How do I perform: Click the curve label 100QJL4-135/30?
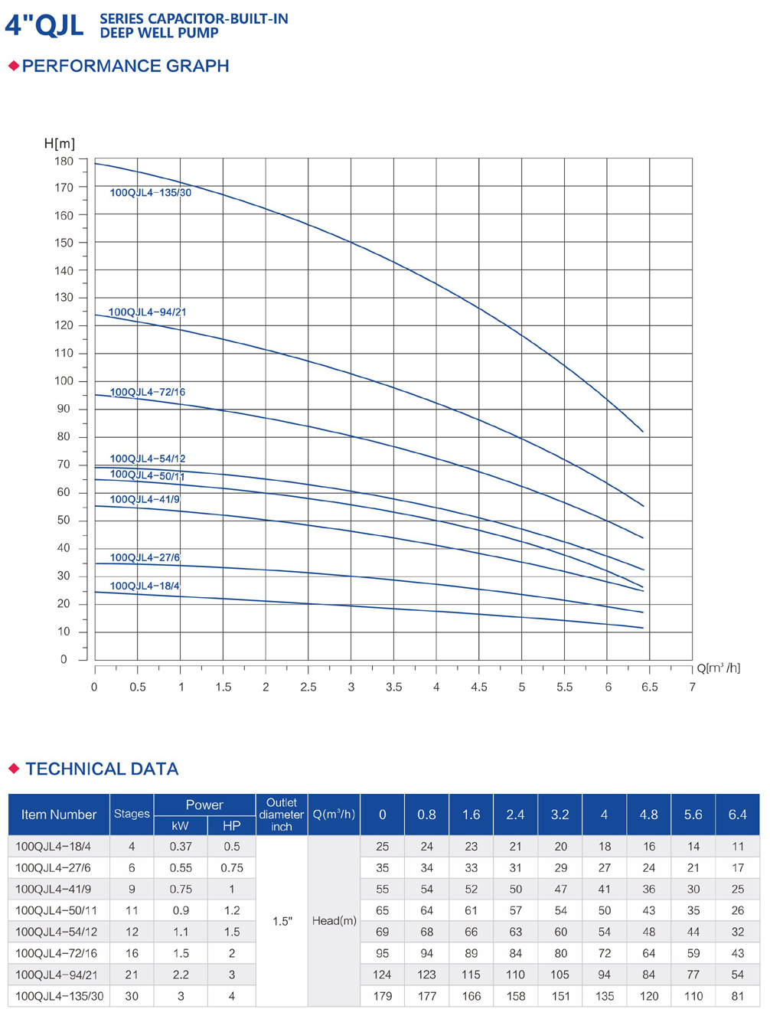click(150, 193)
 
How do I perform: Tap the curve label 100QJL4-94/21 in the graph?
click(147, 312)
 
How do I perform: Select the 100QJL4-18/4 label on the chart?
click(145, 586)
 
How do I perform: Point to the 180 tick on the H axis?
click(64, 162)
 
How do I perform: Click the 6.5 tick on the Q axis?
click(649, 687)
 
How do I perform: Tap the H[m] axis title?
click(60, 144)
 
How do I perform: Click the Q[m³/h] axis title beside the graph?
click(718, 668)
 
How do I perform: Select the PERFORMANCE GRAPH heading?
click(126, 67)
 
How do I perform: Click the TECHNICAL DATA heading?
click(102, 769)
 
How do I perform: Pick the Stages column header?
click(132, 814)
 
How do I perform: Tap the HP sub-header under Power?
click(231, 826)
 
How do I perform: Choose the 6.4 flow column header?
click(737, 815)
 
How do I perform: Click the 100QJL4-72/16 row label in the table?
click(57, 953)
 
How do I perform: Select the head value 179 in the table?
click(382, 996)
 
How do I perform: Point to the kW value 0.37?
click(181, 847)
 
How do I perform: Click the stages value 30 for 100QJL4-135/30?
click(132, 996)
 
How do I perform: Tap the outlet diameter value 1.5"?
click(282, 922)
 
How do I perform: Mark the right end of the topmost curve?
click(643, 432)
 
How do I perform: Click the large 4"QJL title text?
click(44, 25)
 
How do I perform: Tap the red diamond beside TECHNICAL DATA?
click(14, 769)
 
